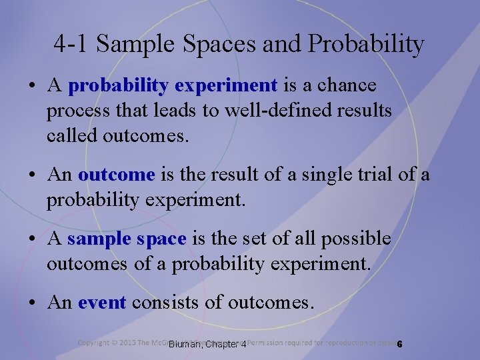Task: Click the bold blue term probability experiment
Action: [173, 86]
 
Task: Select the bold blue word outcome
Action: [116, 175]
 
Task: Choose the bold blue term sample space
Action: [127, 239]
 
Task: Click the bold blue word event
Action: [101, 303]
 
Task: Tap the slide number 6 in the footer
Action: [399, 344]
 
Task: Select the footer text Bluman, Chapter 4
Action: [207, 344]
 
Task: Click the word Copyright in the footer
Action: [93, 343]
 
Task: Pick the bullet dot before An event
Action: [31, 303]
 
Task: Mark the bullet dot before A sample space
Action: [31, 239]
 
